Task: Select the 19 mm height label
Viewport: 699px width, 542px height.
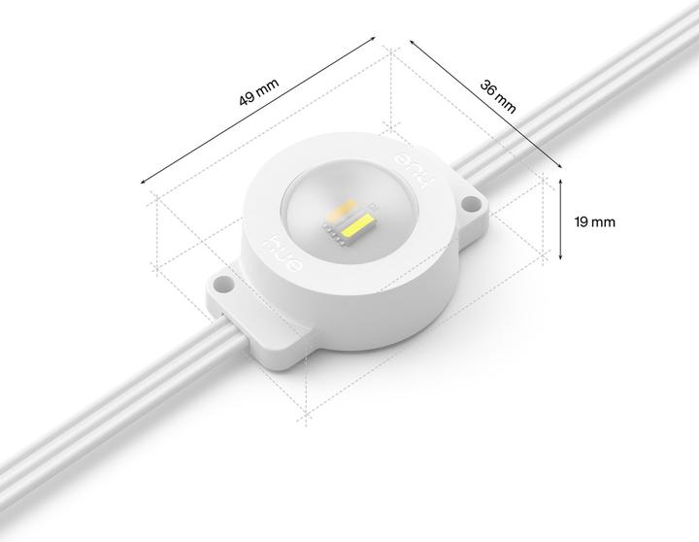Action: coord(594,221)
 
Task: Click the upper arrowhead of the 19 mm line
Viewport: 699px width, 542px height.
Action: coord(561,181)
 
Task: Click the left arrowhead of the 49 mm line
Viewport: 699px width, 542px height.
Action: coord(144,181)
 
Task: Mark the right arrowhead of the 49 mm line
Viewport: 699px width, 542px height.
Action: coord(374,41)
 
